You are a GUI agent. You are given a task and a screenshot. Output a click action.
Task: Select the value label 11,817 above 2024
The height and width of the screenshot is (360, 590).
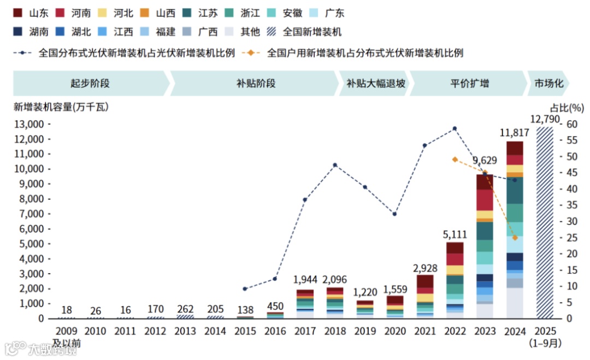[514, 133]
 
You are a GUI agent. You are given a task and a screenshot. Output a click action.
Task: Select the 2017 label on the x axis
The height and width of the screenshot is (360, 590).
[305, 331]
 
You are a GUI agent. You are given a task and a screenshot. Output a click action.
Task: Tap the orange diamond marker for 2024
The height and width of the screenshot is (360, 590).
[515, 238]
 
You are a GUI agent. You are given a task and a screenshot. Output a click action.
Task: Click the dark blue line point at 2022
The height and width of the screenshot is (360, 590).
[455, 128]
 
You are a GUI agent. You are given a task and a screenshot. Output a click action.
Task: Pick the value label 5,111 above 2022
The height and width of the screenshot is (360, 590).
[455, 234]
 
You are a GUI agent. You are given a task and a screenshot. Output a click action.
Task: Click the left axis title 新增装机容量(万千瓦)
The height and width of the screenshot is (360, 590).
[61, 107]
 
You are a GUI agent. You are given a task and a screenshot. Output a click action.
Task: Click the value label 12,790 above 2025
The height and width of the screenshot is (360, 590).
[545, 119]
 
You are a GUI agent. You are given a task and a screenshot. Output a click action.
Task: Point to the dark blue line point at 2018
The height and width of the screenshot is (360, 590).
[335, 165]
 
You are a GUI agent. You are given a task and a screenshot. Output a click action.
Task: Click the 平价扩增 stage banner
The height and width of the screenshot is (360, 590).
[469, 84]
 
